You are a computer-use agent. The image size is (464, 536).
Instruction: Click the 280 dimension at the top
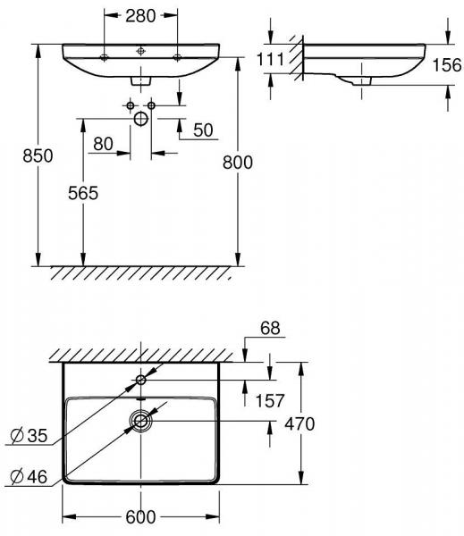coord(140,16)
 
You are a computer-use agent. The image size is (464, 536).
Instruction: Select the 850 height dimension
coord(38,155)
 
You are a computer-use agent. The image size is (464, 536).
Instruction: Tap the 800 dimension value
coord(238,162)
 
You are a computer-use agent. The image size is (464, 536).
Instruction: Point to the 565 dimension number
coord(83,193)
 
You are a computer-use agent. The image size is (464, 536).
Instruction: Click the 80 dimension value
coord(103,144)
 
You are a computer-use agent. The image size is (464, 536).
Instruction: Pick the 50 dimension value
coord(203,130)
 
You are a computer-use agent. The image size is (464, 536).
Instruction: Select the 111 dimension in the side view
coord(270,59)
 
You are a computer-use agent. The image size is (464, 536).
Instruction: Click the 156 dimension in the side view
coord(447,65)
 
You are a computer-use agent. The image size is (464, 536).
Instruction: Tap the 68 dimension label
coord(270,328)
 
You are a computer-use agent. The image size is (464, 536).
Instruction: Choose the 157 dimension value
coord(270,400)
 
